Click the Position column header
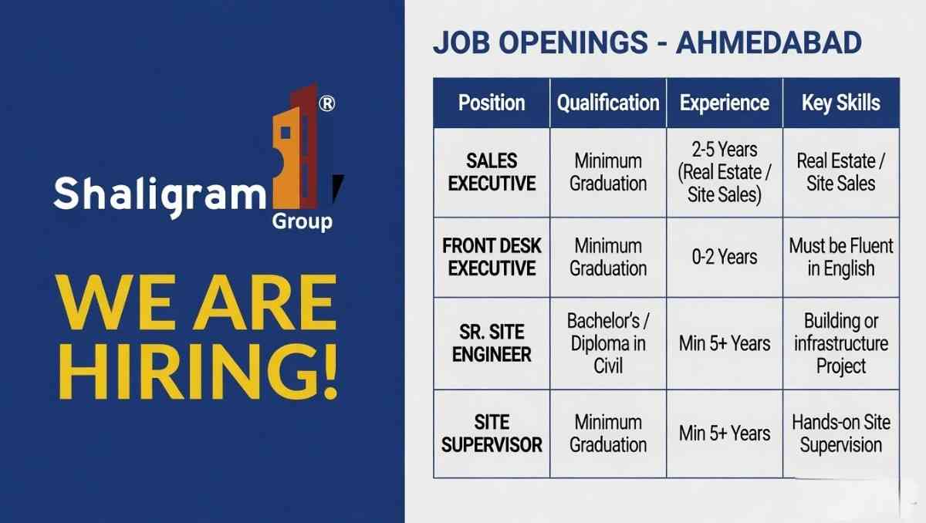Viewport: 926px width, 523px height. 492,103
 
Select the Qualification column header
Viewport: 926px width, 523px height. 608,103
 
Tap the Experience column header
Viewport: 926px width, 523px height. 725,103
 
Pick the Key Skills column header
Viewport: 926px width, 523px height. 841,103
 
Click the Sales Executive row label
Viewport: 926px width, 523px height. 492,172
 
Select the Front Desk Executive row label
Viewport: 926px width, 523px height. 492,257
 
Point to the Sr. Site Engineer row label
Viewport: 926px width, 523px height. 492,343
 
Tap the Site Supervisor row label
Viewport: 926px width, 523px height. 492,434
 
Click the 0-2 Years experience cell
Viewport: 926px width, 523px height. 725,257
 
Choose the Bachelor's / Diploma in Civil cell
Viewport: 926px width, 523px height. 608,343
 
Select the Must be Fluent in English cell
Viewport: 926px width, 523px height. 841,257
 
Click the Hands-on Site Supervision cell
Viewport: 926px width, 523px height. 841,434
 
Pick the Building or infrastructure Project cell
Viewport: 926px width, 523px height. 841,343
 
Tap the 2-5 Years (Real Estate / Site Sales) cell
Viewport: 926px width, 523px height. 725,172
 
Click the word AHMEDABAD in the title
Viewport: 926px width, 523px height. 769,43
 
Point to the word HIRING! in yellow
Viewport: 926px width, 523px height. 199,373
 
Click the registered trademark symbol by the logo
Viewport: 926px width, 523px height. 326,104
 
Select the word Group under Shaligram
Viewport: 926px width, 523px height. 302,222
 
